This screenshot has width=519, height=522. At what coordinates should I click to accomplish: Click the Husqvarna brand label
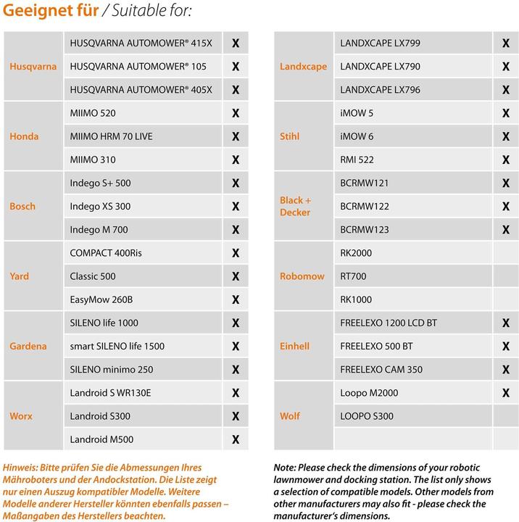point(33,67)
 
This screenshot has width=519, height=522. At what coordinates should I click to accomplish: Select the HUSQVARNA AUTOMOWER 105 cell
point(138,67)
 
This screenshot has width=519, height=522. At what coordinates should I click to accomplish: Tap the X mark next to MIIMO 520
point(236,113)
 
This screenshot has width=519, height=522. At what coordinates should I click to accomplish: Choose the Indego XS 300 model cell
point(101,207)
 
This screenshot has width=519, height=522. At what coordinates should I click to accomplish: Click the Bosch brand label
point(22,207)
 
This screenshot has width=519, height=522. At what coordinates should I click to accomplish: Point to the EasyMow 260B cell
point(101,299)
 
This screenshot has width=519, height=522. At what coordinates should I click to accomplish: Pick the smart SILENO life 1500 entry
point(117,346)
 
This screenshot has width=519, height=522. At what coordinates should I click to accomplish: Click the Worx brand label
point(21,416)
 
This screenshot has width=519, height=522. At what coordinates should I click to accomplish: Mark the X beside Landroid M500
point(236,439)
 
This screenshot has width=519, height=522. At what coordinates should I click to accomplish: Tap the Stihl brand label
point(289,136)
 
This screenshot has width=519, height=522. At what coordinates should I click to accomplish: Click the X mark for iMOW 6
point(505,136)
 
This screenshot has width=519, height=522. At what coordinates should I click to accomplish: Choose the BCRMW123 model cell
point(365,230)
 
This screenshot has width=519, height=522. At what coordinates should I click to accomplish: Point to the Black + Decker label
point(295,207)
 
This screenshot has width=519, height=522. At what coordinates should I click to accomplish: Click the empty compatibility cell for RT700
point(505,276)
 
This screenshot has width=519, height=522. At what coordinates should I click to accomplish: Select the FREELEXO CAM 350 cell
point(381,370)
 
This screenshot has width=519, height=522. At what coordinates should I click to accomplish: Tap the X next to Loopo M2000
point(505,393)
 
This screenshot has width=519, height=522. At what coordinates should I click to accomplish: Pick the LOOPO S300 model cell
point(367,416)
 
